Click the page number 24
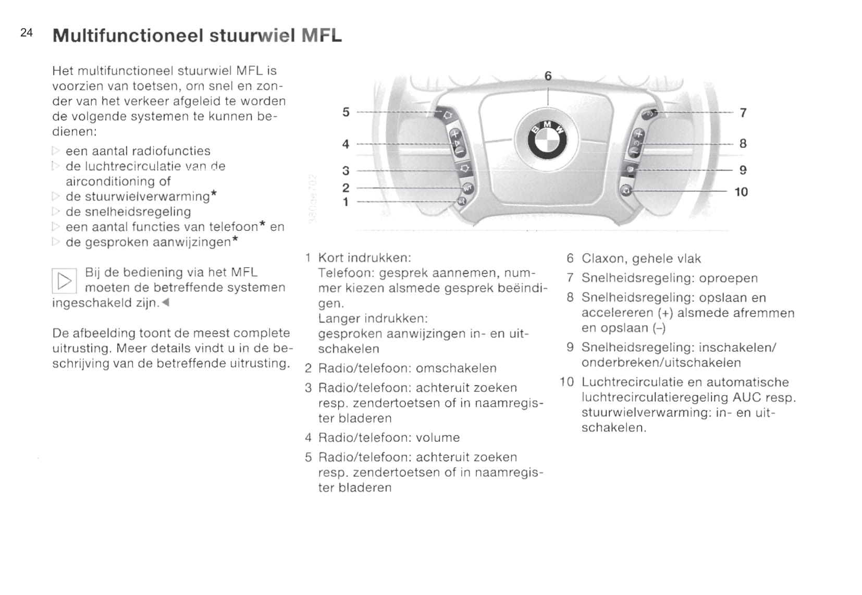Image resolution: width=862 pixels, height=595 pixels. coord(27,33)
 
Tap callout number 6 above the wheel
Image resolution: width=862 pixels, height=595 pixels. coord(548,76)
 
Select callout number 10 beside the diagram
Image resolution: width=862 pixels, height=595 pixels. coord(741,192)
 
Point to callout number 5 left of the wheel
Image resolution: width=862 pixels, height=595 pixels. coord(346,112)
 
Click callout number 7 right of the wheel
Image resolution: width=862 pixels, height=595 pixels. coord(743,113)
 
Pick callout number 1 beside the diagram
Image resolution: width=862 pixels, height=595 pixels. coord(346,202)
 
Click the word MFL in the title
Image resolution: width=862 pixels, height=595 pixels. coord(322,35)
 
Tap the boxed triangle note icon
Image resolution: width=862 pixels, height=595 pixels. coord(64,281)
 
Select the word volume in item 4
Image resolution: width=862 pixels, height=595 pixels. coord(438,438)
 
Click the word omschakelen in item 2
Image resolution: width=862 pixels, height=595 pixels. coord(456,368)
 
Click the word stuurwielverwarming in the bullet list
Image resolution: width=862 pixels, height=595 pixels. coord(138,196)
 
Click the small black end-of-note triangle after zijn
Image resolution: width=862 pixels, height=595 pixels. coord(166,303)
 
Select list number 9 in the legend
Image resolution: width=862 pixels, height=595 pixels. coord(570,348)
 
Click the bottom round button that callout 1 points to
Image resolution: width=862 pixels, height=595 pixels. coord(461,201)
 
